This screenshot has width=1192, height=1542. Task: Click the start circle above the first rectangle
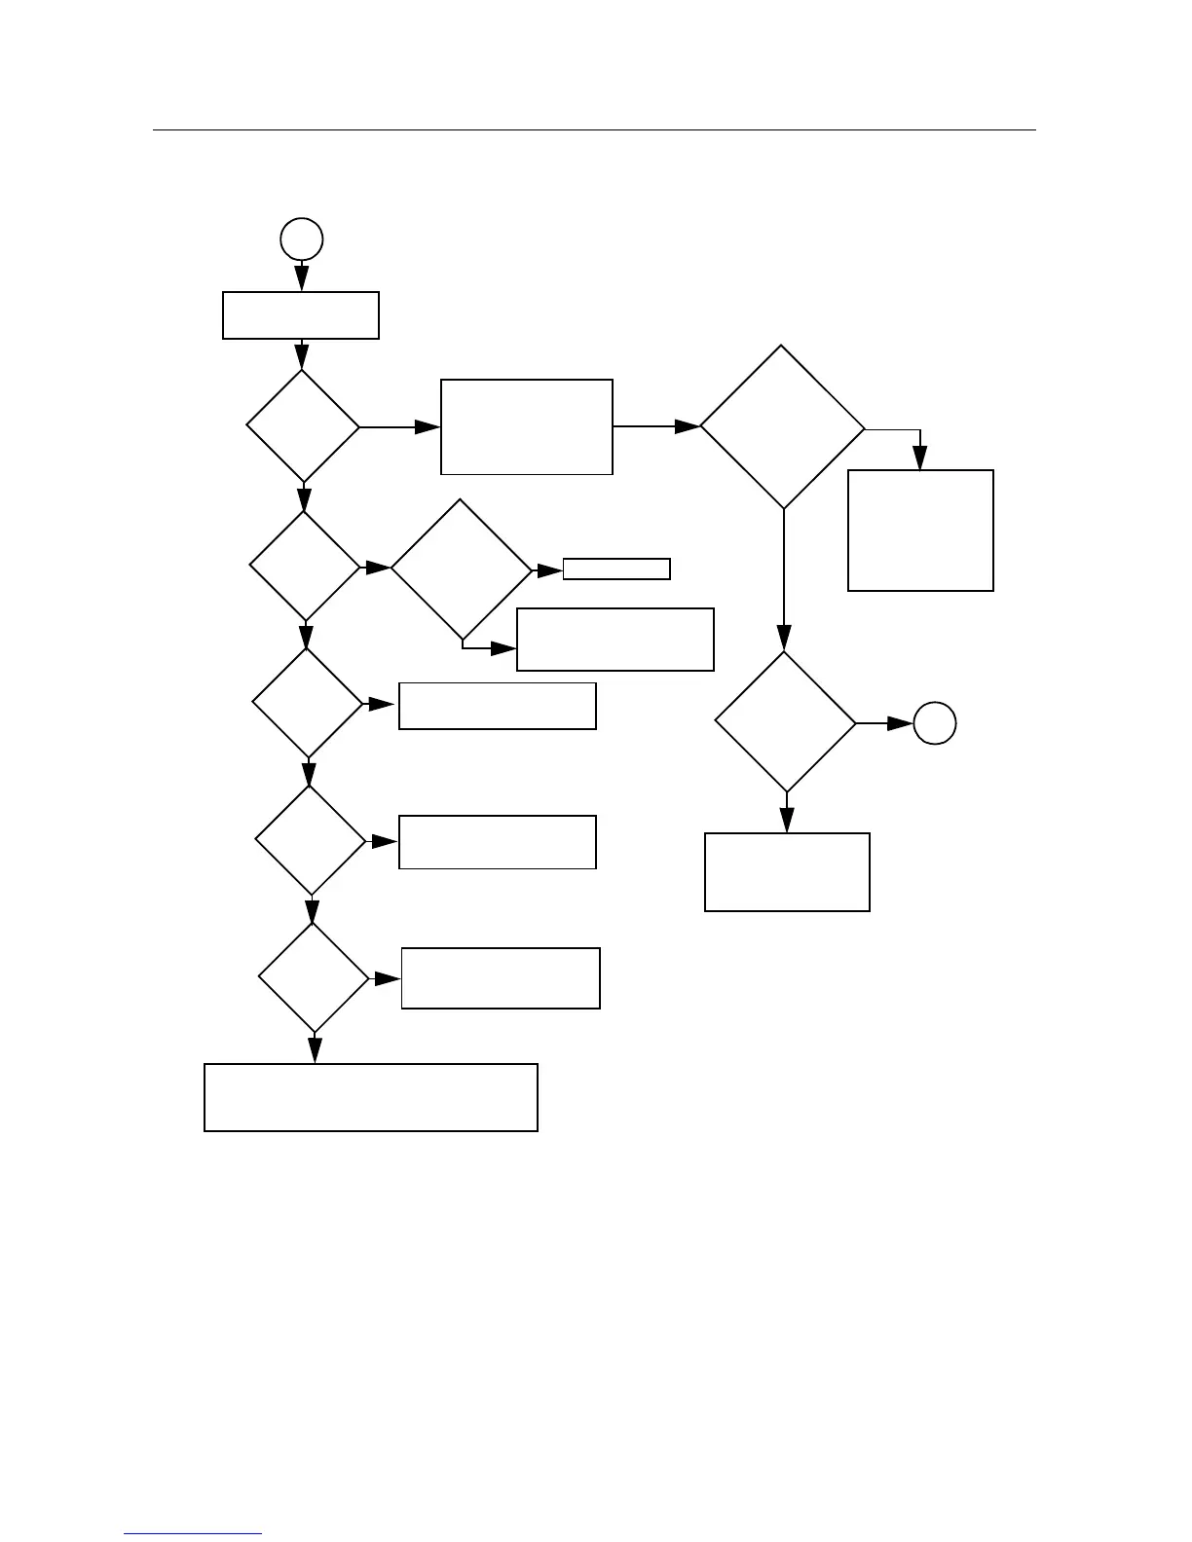(x=302, y=239)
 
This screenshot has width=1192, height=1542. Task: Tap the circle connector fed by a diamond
(x=935, y=723)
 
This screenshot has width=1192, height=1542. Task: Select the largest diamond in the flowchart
(x=782, y=426)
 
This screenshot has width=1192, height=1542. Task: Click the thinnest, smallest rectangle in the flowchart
(x=616, y=569)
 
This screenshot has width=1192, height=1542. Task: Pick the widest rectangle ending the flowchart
(x=370, y=1097)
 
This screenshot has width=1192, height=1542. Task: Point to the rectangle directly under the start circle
(x=301, y=315)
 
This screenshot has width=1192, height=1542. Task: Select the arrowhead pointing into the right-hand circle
(x=902, y=723)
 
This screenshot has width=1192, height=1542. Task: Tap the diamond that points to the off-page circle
(x=786, y=722)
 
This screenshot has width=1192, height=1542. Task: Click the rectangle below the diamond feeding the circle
(x=787, y=871)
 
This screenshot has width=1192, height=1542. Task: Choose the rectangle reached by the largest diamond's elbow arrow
(x=920, y=530)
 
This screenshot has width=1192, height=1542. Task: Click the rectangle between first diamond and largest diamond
(x=527, y=426)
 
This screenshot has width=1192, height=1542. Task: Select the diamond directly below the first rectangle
(x=303, y=426)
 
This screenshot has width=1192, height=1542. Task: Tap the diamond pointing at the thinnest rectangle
(x=462, y=569)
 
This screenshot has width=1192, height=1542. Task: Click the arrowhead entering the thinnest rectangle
(x=552, y=569)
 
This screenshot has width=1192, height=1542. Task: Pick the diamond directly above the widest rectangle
(x=314, y=977)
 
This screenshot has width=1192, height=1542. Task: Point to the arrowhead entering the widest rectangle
(x=315, y=1051)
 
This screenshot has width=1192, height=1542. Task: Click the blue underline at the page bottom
(x=193, y=1534)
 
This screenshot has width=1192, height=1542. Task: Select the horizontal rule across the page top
(x=594, y=129)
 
